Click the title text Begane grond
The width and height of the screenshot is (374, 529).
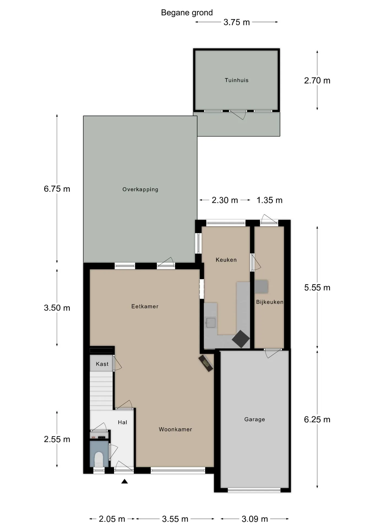[187, 13]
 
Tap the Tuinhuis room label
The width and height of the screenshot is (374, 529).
[237, 80]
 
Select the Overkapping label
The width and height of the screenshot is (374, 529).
[140, 189]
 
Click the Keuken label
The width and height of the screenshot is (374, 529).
[226, 260]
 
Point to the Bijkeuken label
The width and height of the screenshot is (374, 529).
[270, 302]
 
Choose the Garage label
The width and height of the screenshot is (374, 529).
[254, 419]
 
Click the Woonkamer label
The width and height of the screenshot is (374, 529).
[175, 429]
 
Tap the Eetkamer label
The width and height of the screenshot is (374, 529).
[145, 306]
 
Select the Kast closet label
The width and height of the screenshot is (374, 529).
[102, 364]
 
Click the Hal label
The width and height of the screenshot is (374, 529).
[123, 422]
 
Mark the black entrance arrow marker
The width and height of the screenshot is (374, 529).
[124, 481]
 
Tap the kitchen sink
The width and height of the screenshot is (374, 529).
[211, 323]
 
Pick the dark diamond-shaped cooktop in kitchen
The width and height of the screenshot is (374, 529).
[241, 339]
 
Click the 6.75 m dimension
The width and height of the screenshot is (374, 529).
[57, 189]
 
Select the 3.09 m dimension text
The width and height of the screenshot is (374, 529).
[255, 519]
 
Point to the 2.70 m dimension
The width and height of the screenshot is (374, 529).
[317, 80]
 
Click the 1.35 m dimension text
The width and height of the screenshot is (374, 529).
[270, 200]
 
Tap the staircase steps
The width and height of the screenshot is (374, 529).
[101, 391]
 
